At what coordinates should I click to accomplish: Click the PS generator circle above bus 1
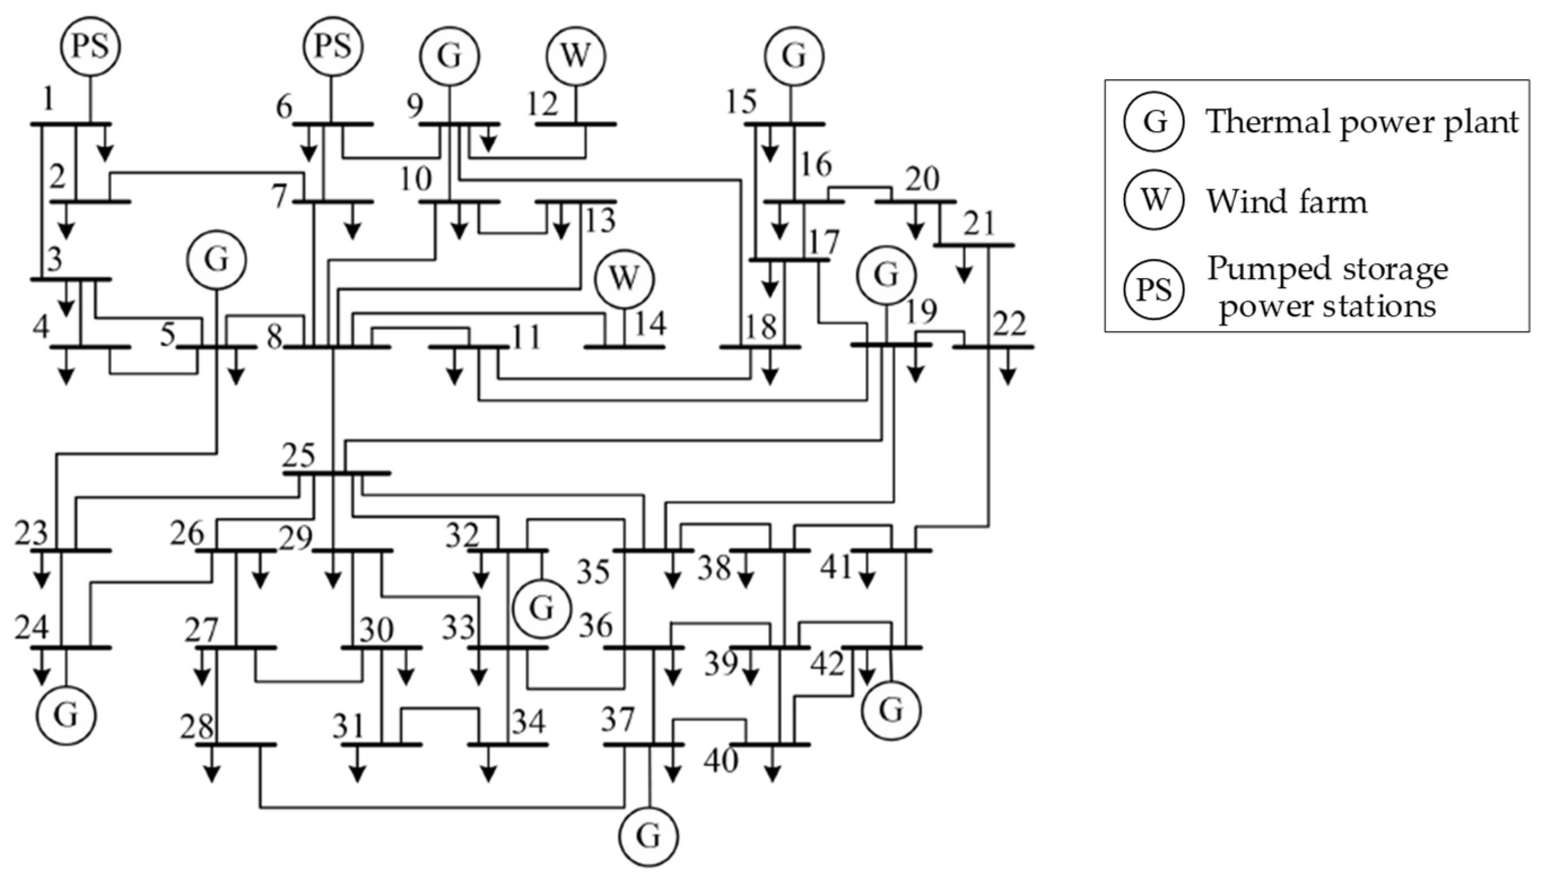tap(90, 46)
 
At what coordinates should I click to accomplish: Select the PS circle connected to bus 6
tap(333, 46)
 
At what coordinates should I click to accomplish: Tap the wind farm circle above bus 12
tap(576, 56)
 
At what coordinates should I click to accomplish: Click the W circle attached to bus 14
tap(624, 279)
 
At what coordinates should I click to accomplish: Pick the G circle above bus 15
tap(794, 56)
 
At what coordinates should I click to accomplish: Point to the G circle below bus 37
tap(648, 837)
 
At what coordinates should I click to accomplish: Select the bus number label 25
tap(299, 456)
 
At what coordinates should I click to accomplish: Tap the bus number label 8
tap(275, 338)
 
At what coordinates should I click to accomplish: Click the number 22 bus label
tap(1010, 324)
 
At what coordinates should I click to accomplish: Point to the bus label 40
tap(721, 761)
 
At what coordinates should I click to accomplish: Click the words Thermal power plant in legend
tap(1362, 121)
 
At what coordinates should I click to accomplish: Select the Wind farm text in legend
tap(1287, 202)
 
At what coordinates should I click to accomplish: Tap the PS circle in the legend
tap(1154, 289)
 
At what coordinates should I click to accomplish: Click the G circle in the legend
tap(1154, 121)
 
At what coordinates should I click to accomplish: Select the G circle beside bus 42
tap(891, 710)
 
